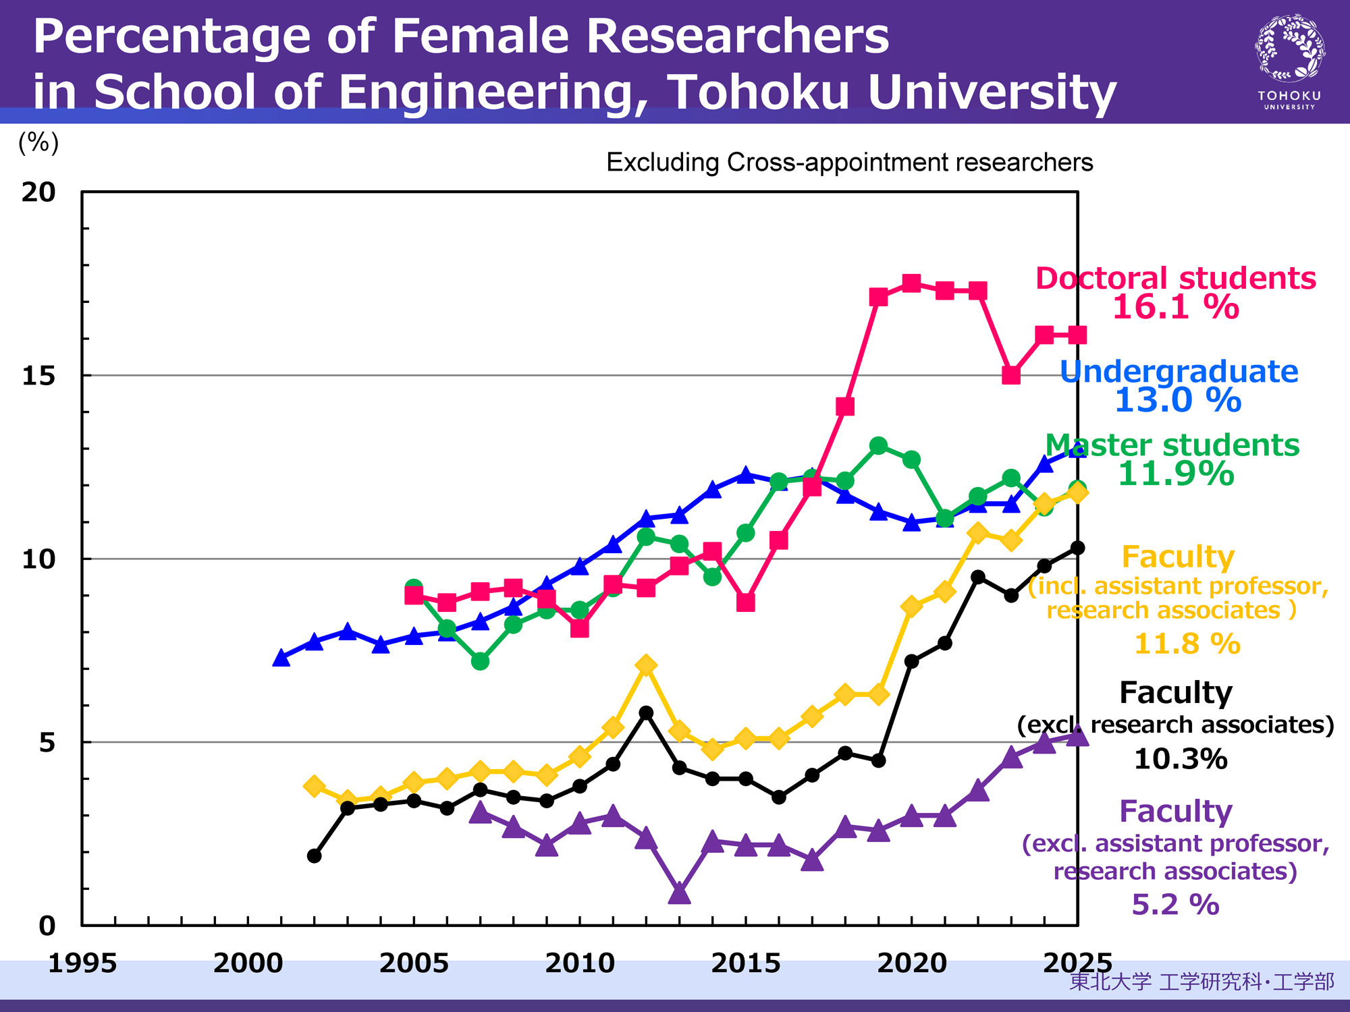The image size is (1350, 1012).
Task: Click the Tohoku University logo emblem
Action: pos(1289,49)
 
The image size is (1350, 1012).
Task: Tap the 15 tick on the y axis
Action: pos(38,376)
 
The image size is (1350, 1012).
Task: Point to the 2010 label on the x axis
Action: pos(580,963)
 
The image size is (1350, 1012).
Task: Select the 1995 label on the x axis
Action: pos(82,963)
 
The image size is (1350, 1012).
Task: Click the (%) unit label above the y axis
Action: pos(38,142)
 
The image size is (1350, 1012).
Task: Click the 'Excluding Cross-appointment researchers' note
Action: pos(849,163)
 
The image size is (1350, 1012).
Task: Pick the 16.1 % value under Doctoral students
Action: pos(1175,308)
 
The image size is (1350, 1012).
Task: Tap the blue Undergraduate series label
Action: pos(1179,372)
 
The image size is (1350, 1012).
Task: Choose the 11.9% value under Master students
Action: pos(1176,474)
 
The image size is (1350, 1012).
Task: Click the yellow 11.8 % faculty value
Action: pos(1187,644)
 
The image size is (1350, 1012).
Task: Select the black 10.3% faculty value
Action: pos(1180,759)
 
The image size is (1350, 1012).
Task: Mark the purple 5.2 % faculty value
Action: pos(1175,905)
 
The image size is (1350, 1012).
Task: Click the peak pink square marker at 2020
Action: pos(911,283)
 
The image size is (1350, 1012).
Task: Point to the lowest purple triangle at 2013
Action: pos(679,894)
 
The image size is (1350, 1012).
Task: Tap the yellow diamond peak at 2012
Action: pos(646,665)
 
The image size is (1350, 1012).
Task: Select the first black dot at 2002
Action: pos(314,855)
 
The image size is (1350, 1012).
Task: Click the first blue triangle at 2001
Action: pos(281,658)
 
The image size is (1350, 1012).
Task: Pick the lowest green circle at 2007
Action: pos(480,661)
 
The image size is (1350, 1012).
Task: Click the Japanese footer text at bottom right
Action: pos(1201,981)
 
